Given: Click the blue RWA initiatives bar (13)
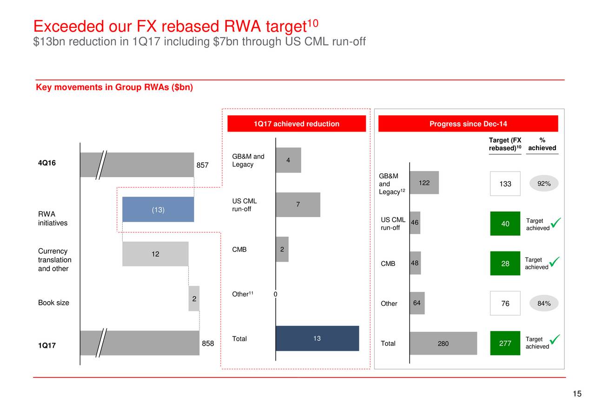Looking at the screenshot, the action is click(x=158, y=209).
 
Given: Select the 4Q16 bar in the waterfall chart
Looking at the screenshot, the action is click(x=137, y=165).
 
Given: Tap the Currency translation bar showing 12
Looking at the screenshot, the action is click(x=155, y=254).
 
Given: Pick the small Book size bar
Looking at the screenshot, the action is click(x=194, y=298).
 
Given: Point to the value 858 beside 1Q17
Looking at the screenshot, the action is click(x=208, y=343).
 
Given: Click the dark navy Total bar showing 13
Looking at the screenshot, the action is click(x=317, y=338).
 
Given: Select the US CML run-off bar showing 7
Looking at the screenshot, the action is click(x=298, y=205).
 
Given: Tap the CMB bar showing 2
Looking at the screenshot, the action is click(x=282, y=249).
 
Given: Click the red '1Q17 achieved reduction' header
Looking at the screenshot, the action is click(x=297, y=124).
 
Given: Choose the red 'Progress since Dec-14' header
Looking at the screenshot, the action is click(x=468, y=124).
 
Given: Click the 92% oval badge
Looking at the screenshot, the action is click(x=544, y=183).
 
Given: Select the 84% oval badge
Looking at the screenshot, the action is click(x=544, y=303).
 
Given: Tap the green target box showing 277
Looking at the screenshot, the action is click(x=505, y=343).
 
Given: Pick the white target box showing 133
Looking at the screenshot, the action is click(x=505, y=184).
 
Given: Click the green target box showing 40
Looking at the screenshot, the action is click(x=505, y=224).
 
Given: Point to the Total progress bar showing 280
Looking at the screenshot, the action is click(x=443, y=343).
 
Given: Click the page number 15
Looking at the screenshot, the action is click(x=577, y=394).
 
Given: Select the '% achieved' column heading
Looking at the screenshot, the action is click(x=542, y=144).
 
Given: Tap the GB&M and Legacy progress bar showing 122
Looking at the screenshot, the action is click(x=424, y=183).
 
